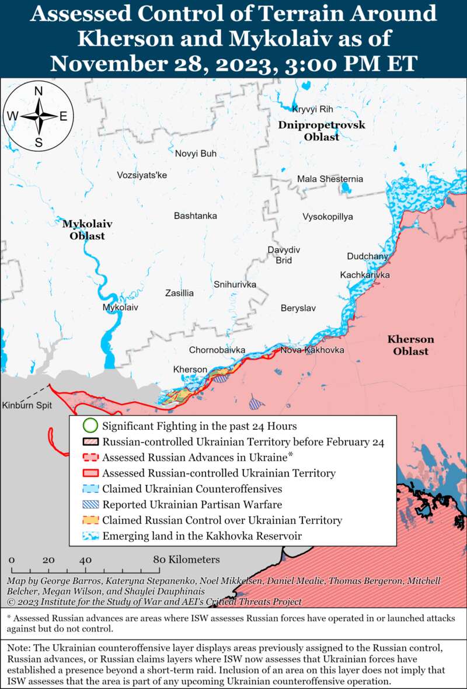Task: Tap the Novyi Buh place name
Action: point(196,154)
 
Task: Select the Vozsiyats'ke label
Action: point(142,175)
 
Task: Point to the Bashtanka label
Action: point(195,216)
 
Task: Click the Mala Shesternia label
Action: point(330,179)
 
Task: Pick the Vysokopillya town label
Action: point(327,217)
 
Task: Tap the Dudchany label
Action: point(367,256)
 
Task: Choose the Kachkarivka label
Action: point(365,275)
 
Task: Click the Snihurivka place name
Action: point(235,284)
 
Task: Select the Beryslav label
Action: point(298,308)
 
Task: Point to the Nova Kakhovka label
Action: point(312,350)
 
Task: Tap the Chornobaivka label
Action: point(217,350)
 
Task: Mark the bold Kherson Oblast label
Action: point(410,345)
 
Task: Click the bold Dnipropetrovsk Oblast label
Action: point(321,131)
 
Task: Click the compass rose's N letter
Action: point(39,91)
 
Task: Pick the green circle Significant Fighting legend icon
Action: point(89,426)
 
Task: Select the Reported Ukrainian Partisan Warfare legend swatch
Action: point(89,504)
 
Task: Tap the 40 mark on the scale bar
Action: point(86,560)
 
